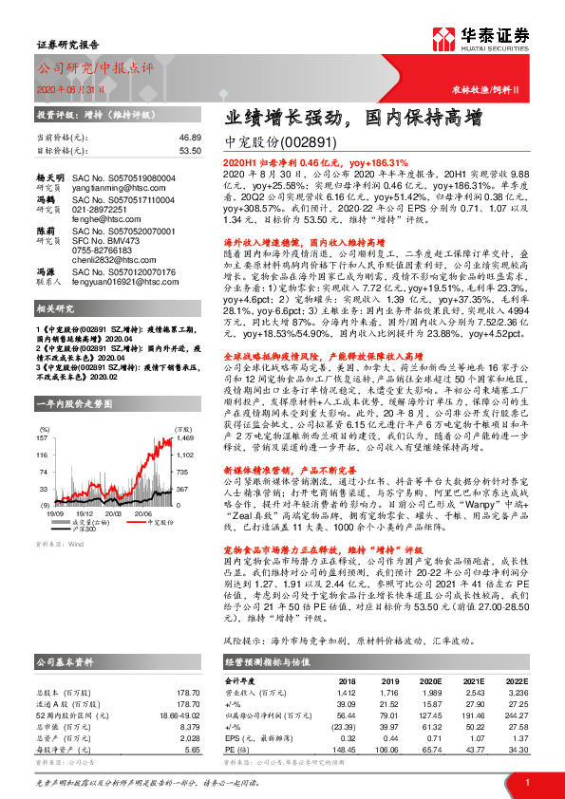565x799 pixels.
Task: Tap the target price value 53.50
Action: (x=190, y=150)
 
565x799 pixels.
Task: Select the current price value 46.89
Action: (x=190, y=138)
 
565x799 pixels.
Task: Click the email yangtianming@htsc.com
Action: (x=113, y=190)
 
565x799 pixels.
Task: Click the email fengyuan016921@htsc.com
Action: (x=122, y=283)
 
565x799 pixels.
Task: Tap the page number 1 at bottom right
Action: (x=525, y=782)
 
